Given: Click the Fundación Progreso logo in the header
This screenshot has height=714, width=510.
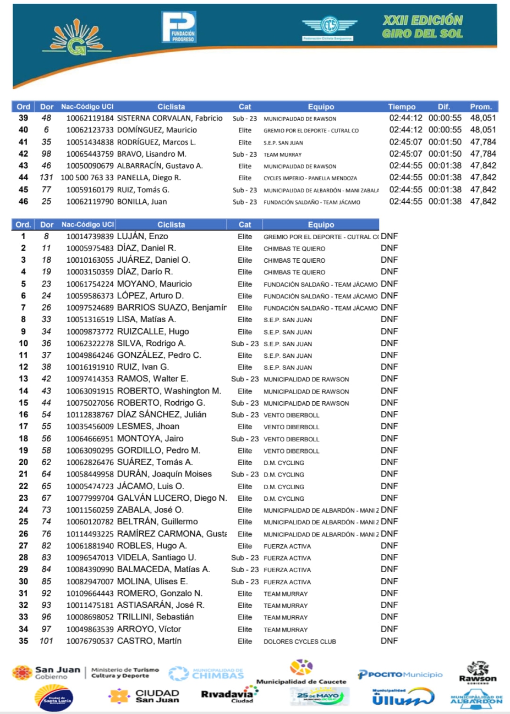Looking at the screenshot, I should pos(178,27).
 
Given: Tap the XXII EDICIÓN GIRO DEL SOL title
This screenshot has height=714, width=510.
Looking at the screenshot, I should pos(423,27).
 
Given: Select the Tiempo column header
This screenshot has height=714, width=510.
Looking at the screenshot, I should pos(402,107).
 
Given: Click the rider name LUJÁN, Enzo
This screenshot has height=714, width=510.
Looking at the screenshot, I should pos(142,236).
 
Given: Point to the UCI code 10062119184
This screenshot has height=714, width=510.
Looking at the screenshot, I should pos(90,118).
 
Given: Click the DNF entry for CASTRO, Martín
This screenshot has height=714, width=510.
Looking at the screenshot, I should pos(389,641).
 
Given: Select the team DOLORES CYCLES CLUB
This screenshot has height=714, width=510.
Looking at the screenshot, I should pos(299,641).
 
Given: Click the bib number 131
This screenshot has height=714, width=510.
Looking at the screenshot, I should pos(46,178).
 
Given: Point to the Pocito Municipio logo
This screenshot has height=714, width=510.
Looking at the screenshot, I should pos(400,674).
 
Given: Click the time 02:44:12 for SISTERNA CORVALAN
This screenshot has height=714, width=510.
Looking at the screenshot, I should pos(405,118).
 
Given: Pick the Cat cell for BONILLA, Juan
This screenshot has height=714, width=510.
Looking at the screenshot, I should pos(245,202).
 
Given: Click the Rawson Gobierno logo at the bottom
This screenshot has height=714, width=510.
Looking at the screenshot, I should pos(478,673).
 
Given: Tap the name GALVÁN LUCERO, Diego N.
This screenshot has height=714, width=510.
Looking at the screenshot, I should pos(172,498).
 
